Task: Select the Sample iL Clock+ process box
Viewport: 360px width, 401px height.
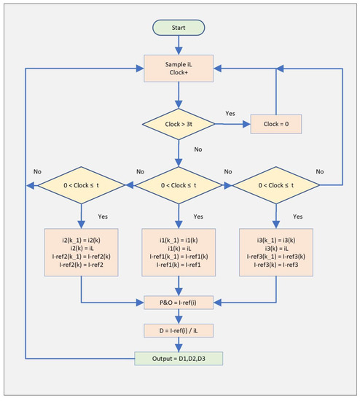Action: point(179,69)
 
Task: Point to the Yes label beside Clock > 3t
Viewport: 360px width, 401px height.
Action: point(231,114)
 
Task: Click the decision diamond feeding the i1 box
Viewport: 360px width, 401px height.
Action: point(179,186)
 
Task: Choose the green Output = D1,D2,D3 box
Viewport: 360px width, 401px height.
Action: point(179,359)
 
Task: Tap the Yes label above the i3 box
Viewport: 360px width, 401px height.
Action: point(297,217)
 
